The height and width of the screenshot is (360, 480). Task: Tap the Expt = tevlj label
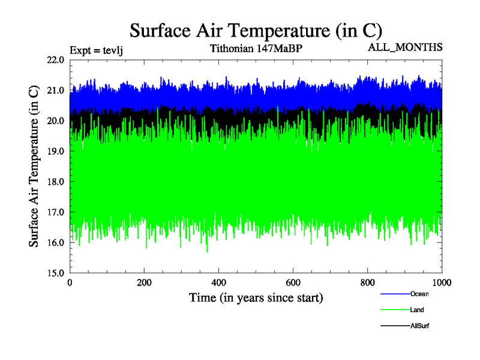(x=97, y=50)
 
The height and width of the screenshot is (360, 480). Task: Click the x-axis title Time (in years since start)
(x=256, y=298)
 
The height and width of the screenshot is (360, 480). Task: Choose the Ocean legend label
(x=419, y=294)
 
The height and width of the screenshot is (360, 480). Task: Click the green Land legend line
(x=395, y=310)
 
